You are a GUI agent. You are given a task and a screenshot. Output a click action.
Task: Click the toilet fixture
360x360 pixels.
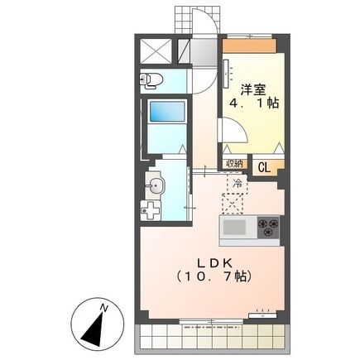click(x=151, y=80)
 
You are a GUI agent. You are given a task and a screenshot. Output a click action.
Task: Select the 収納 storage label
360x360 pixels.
click(x=234, y=164)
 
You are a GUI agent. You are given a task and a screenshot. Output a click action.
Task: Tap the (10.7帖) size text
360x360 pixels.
click(x=213, y=276)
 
